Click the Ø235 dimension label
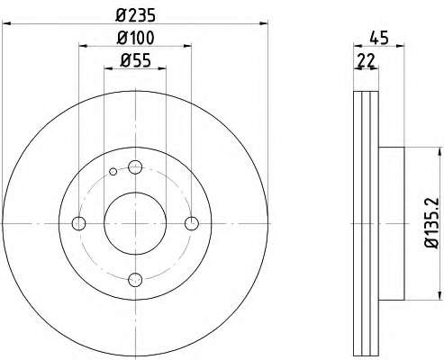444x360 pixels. pos(136,14)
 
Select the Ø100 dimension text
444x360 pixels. pos(136,38)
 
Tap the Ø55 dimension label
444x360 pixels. pos(135,61)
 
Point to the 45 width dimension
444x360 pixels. pos(379,38)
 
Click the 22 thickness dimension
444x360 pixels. pos(367,61)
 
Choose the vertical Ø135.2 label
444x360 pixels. pos(432,222)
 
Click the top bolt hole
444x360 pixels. pos(135,167)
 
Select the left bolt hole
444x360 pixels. pos(79,223)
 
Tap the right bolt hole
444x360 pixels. pos(192,223)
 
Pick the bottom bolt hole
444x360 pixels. pos(135,280)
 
